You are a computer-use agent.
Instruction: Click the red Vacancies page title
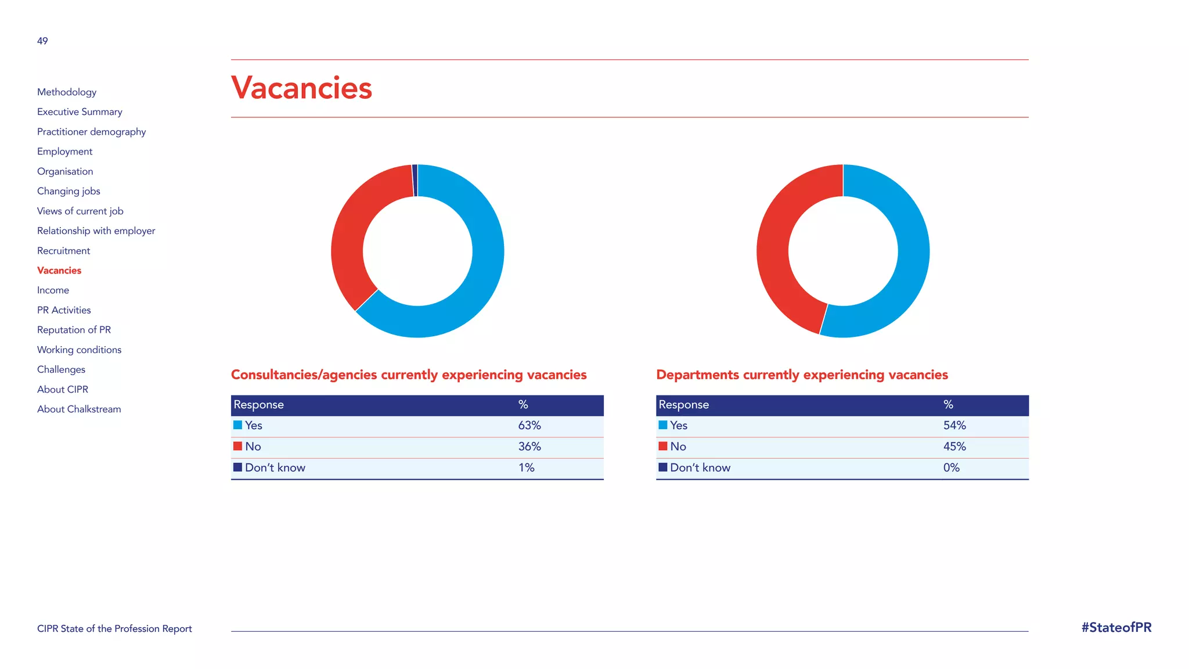click(301, 88)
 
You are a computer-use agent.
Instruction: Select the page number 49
click(42, 41)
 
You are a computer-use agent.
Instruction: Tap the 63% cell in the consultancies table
click(529, 426)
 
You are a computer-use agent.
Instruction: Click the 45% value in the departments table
click(954, 447)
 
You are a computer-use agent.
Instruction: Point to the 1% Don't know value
click(526, 468)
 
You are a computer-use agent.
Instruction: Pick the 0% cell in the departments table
click(951, 468)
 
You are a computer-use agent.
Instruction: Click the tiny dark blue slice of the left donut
click(415, 181)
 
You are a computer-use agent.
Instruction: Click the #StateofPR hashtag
click(1116, 628)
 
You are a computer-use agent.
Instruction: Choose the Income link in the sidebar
click(53, 290)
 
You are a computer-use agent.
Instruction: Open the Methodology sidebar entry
click(67, 92)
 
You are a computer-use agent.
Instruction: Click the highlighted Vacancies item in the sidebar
click(59, 271)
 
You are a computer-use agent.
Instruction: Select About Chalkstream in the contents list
click(79, 409)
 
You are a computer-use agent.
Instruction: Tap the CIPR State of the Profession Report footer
click(114, 629)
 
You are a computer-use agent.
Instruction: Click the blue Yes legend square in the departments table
click(663, 425)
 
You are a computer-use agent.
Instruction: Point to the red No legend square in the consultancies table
click(237, 446)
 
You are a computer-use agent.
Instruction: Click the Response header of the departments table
click(683, 405)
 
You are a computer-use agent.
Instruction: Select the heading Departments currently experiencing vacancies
click(802, 375)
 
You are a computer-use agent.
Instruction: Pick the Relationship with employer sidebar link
click(96, 231)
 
